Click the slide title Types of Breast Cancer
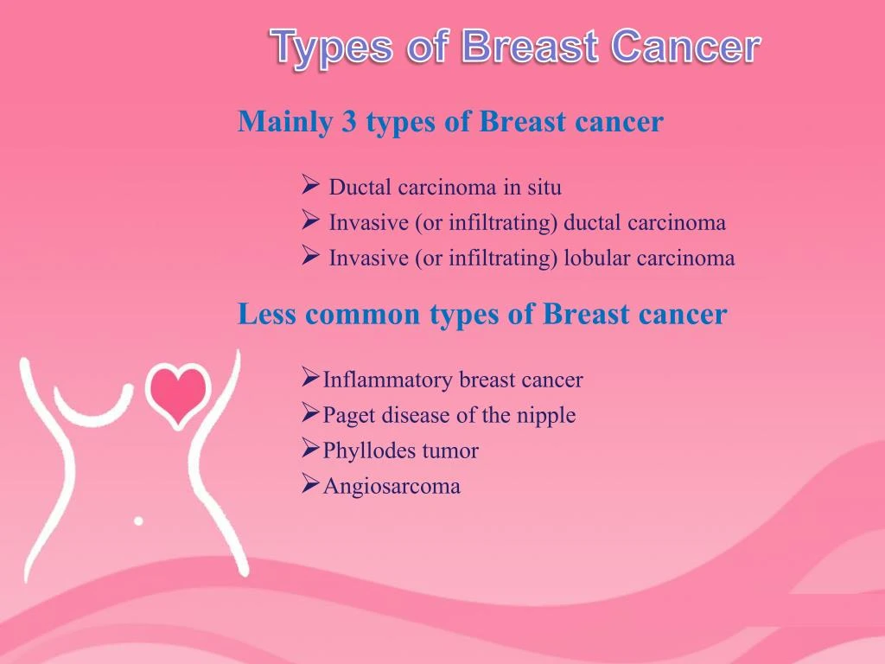click(x=516, y=47)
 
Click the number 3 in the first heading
click(x=349, y=122)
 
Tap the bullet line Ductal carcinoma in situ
click(x=444, y=187)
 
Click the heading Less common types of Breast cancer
click(x=481, y=314)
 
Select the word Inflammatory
click(x=386, y=380)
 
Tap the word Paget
click(x=348, y=416)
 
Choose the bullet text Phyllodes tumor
click(x=400, y=451)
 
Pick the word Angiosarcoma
click(x=392, y=487)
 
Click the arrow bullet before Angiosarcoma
click(x=311, y=485)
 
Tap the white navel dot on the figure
click(x=138, y=520)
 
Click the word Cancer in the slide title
click(x=685, y=47)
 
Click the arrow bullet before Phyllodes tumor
click(x=311, y=450)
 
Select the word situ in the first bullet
click(x=544, y=187)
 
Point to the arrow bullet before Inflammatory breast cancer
click(x=311, y=378)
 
